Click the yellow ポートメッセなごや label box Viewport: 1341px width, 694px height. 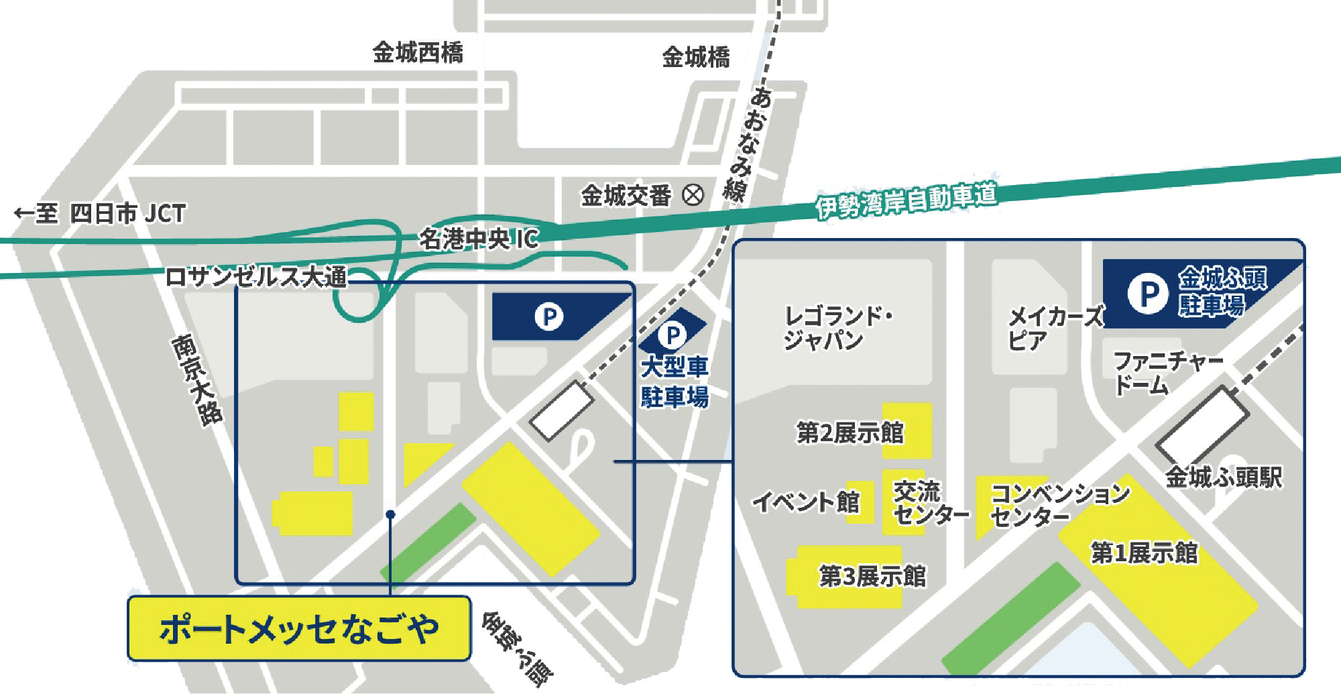[x=299, y=629]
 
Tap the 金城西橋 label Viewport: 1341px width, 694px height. [x=418, y=52]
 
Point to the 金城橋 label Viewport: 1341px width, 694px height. [x=696, y=58]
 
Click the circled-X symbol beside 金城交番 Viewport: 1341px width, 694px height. [x=693, y=195]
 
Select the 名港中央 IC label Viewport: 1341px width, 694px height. [x=478, y=238]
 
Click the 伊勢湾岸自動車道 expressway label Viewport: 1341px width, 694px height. [x=906, y=199]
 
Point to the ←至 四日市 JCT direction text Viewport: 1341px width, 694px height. [x=100, y=214]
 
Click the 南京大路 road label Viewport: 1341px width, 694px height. [x=196, y=380]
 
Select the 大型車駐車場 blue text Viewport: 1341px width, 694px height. [x=675, y=382]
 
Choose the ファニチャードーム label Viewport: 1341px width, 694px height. [x=1167, y=373]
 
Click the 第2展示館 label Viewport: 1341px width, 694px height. [x=850, y=432]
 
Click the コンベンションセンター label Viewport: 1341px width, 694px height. [x=1059, y=504]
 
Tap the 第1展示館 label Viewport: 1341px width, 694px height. [x=1144, y=553]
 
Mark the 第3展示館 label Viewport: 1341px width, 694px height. [x=872, y=576]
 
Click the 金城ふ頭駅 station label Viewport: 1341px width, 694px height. [x=1224, y=477]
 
